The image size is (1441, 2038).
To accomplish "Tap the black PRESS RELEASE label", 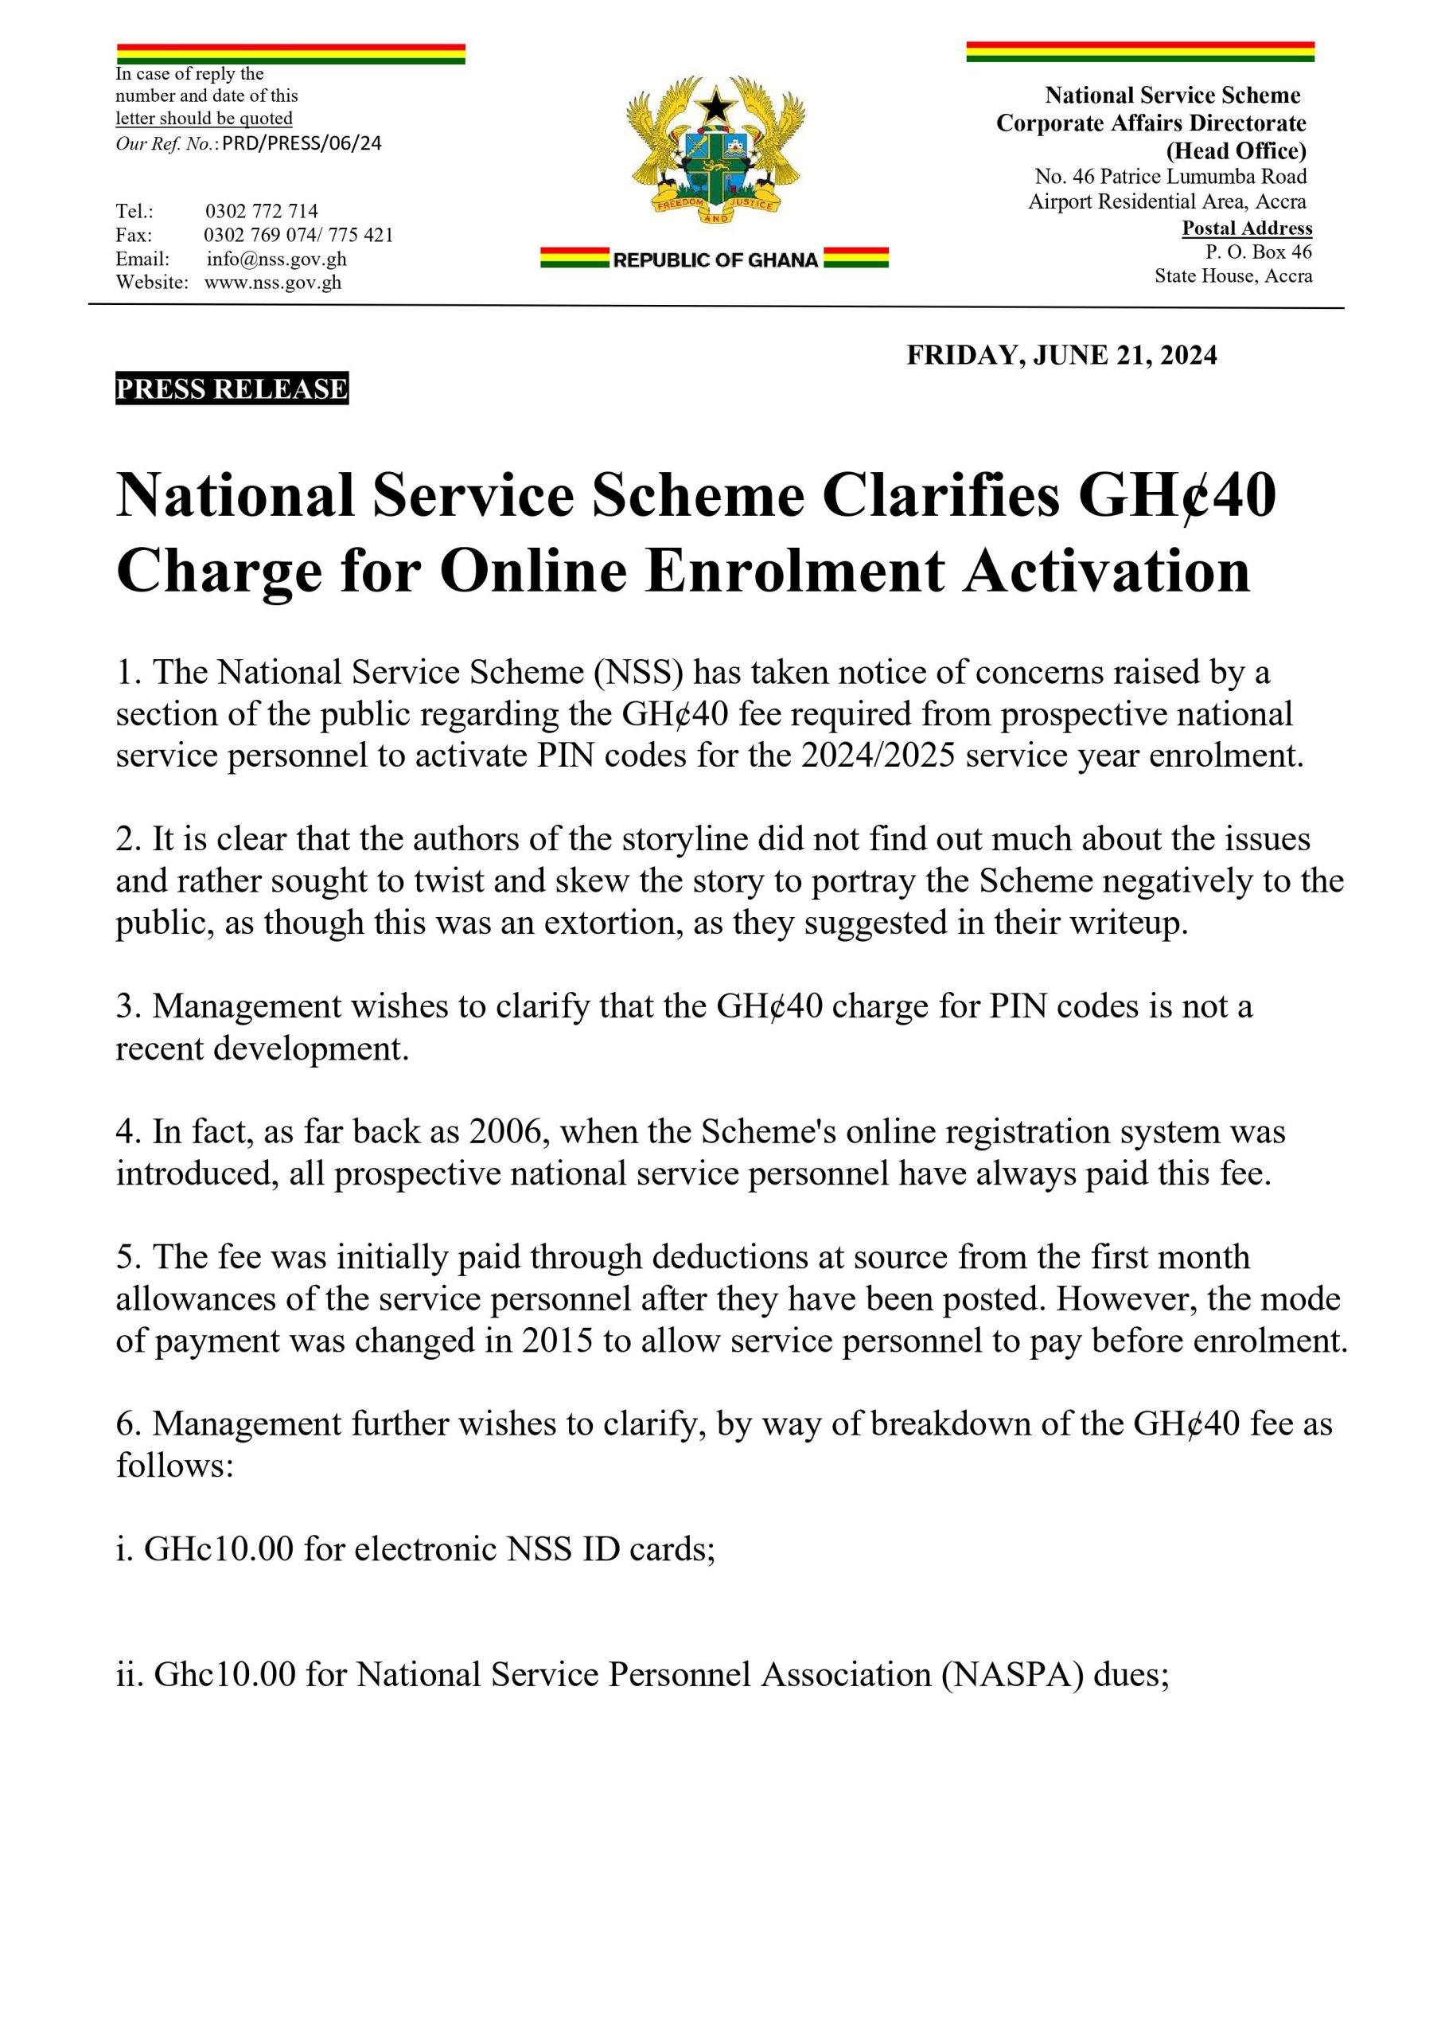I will [232, 388].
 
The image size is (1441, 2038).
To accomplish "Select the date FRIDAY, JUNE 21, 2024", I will [1061, 355].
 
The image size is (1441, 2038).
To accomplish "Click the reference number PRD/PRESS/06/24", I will [302, 144].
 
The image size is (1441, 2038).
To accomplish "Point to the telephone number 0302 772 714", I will [262, 211].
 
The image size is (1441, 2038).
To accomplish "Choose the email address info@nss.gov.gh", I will [276, 260].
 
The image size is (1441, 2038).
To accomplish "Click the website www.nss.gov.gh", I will [272, 283].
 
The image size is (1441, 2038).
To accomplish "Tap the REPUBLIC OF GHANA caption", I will [715, 260].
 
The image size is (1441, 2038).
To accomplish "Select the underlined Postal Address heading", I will [1247, 228].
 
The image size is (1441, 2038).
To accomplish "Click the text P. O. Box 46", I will [1258, 252].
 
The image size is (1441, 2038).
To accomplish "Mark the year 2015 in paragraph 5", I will [557, 1340].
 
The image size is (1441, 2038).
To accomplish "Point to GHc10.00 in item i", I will [218, 1549].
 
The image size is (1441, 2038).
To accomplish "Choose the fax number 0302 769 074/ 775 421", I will [298, 235].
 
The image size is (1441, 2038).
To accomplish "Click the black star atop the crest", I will [715, 106].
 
